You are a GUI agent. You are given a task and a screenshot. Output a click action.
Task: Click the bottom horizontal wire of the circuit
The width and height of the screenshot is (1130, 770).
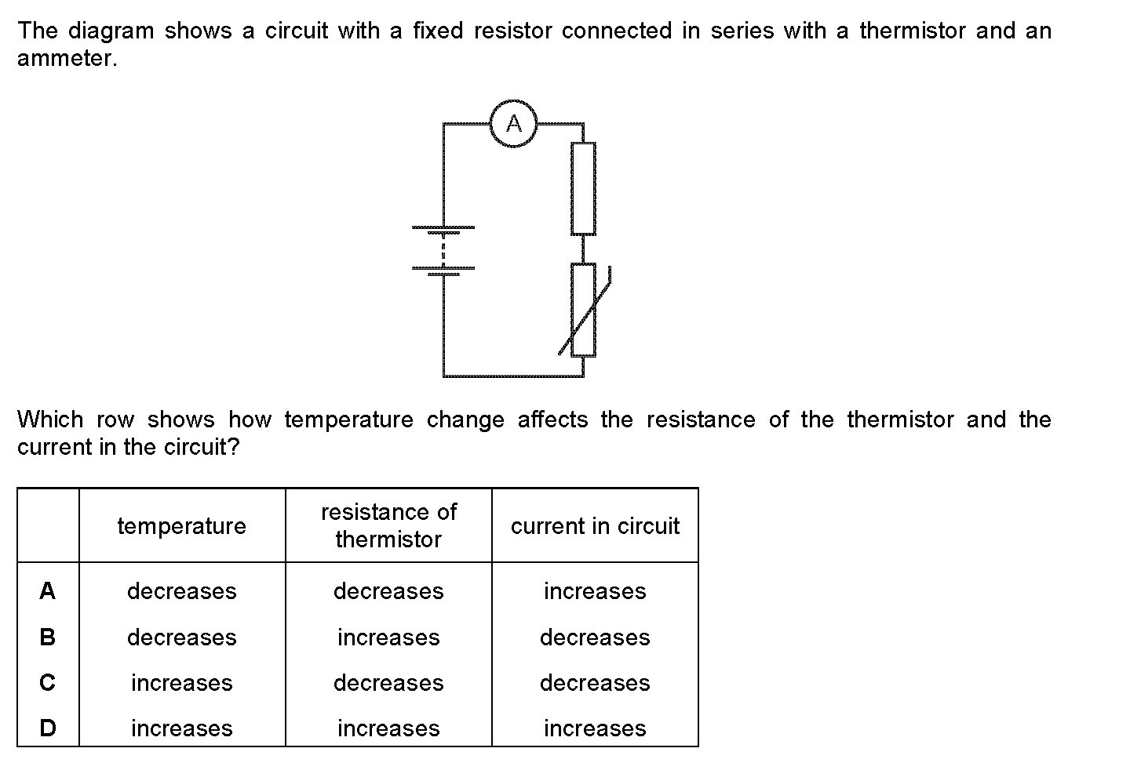[x=513, y=376]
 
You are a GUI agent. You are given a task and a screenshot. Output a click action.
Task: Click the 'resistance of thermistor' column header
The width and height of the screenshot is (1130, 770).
[x=389, y=525]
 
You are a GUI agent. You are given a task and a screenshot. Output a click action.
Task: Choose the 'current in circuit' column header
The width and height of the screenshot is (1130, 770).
[x=596, y=526]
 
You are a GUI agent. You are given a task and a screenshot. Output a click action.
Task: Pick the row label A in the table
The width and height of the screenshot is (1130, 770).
[x=47, y=590]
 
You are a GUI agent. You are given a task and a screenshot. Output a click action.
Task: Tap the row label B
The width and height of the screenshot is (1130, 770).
[x=47, y=637]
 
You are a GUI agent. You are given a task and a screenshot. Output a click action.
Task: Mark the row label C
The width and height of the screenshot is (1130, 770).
[x=47, y=683]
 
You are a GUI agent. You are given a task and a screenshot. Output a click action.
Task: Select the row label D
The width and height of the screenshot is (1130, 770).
[x=47, y=728]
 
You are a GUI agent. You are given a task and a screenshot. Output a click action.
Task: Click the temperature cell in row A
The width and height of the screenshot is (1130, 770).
[x=181, y=591]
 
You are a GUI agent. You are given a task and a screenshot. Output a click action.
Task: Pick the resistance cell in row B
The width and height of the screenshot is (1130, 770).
[x=389, y=637]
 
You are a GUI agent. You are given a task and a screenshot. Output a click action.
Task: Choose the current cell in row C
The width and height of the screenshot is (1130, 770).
[x=596, y=683]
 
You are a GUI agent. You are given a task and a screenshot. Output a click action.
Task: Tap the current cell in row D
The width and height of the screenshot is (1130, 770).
[x=596, y=728]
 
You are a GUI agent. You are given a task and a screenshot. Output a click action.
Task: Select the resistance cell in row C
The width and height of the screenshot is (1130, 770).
[x=389, y=683]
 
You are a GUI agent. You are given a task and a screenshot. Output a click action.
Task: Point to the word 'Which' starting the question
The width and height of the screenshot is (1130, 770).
[x=50, y=420]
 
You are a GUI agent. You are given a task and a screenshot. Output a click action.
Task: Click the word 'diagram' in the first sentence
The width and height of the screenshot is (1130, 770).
[x=111, y=31]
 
